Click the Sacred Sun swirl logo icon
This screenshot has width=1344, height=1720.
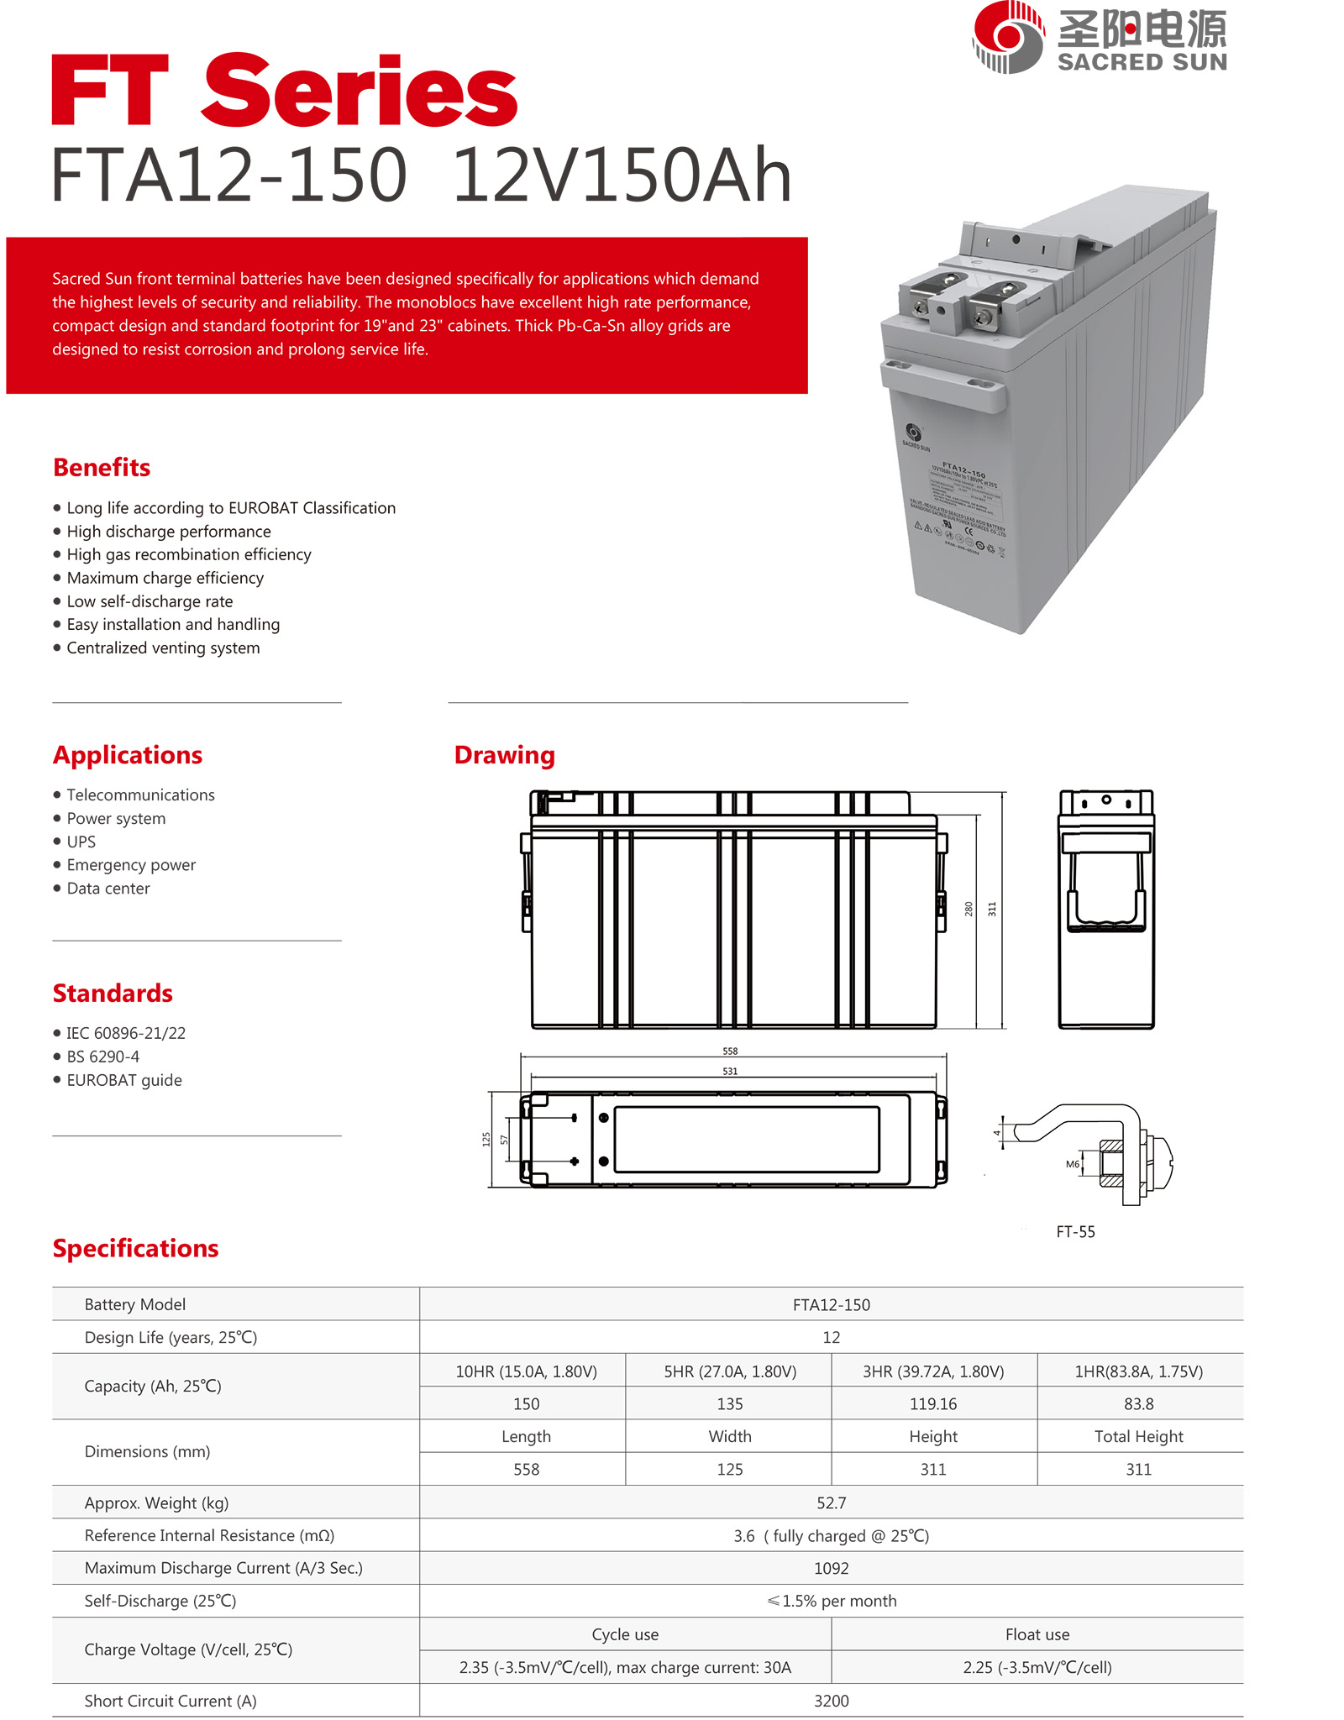click(1008, 37)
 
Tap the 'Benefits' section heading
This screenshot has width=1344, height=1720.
click(102, 468)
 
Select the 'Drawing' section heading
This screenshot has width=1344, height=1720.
click(504, 755)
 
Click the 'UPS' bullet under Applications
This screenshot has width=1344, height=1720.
click(81, 842)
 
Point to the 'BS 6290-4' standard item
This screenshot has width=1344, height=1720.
click(103, 1057)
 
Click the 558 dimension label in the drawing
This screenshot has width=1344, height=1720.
click(730, 1051)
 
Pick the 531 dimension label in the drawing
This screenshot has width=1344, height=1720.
click(730, 1072)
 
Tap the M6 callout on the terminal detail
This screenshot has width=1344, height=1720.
click(1073, 1164)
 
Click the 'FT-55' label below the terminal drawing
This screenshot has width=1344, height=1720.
click(1075, 1232)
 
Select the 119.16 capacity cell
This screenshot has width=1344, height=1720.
click(933, 1404)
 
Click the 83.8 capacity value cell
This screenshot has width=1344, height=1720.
click(1138, 1404)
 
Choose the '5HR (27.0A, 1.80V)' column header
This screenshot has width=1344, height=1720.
click(730, 1371)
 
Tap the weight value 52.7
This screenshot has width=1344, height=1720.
click(831, 1502)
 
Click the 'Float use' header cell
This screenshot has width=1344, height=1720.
click(1037, 1634)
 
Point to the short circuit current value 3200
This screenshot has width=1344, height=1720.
click(831, 1701)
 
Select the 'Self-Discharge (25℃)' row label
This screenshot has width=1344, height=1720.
click(160, 1601)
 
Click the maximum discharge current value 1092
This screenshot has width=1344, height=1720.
click(831, 1568)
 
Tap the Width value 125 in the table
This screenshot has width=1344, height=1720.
click(730, 1470)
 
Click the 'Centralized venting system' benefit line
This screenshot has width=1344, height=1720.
click(163, 648)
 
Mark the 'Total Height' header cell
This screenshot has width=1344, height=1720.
click(1138, 1437)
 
